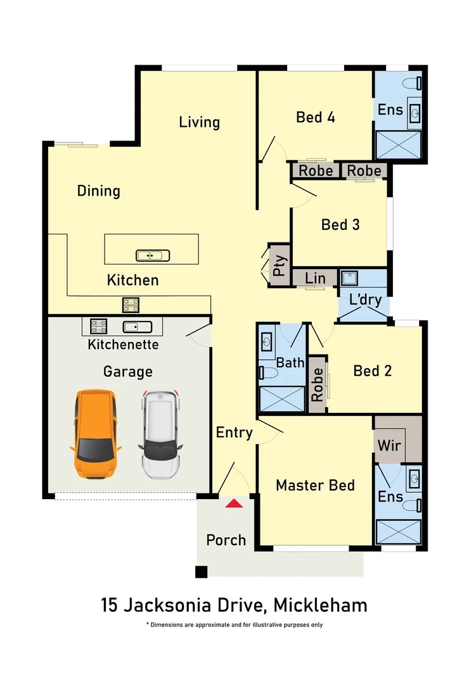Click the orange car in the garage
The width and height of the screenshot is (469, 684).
click(x=95, y=434)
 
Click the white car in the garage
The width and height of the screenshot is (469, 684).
click(x=160, y=434)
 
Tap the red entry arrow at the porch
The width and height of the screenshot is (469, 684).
click(x=234, y=503)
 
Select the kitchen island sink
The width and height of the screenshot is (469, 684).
click(x=152, y=255)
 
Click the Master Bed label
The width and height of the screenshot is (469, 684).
click(x=315, y=485)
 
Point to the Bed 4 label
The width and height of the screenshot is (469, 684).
click(x=315, y=117)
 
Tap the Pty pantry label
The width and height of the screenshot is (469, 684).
click(x=279, y=265)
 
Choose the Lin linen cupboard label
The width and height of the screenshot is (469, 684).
click(x=315, y=278)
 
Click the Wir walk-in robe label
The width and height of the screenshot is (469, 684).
click(x=389, y=445)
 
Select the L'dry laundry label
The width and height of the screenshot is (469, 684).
click(x=366, y=299)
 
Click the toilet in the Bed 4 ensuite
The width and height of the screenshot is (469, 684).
click(x=412, y=83)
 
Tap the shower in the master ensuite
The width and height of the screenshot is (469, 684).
click(x=398, y=532)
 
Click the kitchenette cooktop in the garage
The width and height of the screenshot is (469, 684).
click(x=98, y=326)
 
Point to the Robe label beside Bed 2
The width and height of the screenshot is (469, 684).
click(x=318, y=384)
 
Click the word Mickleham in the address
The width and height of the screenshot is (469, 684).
click(x=320, y=605)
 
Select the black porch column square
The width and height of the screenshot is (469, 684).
click(x=202, y=572)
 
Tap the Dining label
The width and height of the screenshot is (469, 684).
click(x=99, y=191)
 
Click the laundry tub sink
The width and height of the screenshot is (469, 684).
click(x=349, y=278)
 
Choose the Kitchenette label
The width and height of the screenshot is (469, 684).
click(x=123, y=344)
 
